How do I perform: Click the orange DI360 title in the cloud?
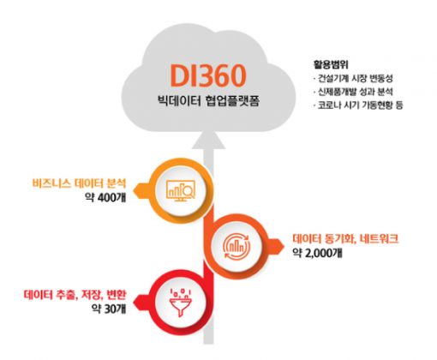[x=208, y=75]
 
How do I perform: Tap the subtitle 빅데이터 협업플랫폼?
[x=208, y=101]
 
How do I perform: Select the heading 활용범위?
[x=331, y=64]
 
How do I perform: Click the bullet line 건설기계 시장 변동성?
[x=353, y=78]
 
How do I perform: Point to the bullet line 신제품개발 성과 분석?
[x=353, y=92]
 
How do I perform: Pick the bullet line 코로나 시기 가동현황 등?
[x=358, y=105]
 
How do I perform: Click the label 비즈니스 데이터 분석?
[x=79, y=183]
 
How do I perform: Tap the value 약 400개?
[x=105, y=197]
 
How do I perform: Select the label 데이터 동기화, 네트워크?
[x=345, y=238]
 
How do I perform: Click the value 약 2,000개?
[x=317, y=253]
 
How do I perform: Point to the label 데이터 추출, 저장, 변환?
[x=75, y=295]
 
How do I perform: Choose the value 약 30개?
[x=109, y=309]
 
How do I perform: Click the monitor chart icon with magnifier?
[x=181, y=190]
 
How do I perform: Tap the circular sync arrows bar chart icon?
[x=236, y=246]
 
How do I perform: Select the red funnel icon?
[x=181, y=303]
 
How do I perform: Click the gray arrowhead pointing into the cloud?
[x=208, y=141]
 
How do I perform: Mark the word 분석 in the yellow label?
[x=117, y=183]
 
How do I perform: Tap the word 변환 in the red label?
[x=117, y=295]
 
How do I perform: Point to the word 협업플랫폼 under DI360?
[x=232, y=101]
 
